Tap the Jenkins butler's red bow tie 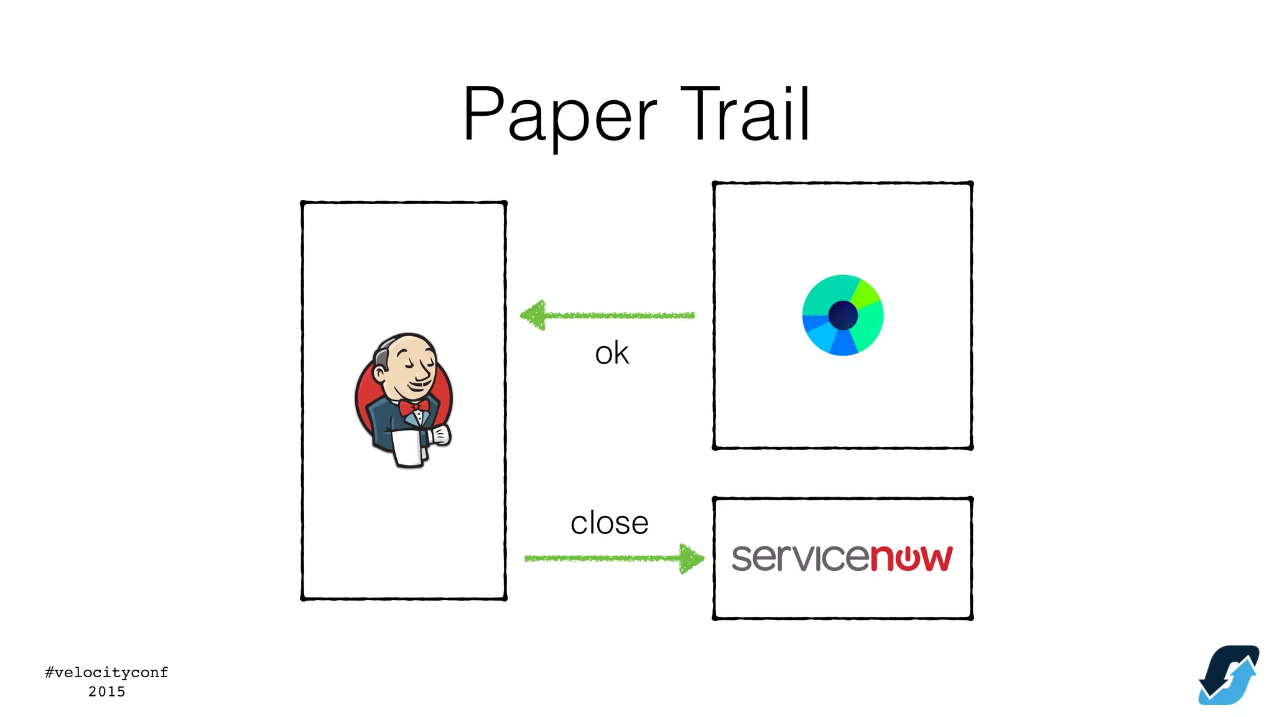tap(414, 408)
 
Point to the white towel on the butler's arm tap(408, 448)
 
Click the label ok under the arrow tap(611, 354)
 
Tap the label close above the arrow tap(609, 523)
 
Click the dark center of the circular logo tap(843, 315)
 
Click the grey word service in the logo tap(800, 558)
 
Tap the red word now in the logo tap(911, 558)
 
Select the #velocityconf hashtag tap(106, 672)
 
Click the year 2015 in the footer tap(106, 691)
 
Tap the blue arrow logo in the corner tap(1228, 675)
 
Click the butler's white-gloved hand tap(440, 434)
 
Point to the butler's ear tap(379, 373)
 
